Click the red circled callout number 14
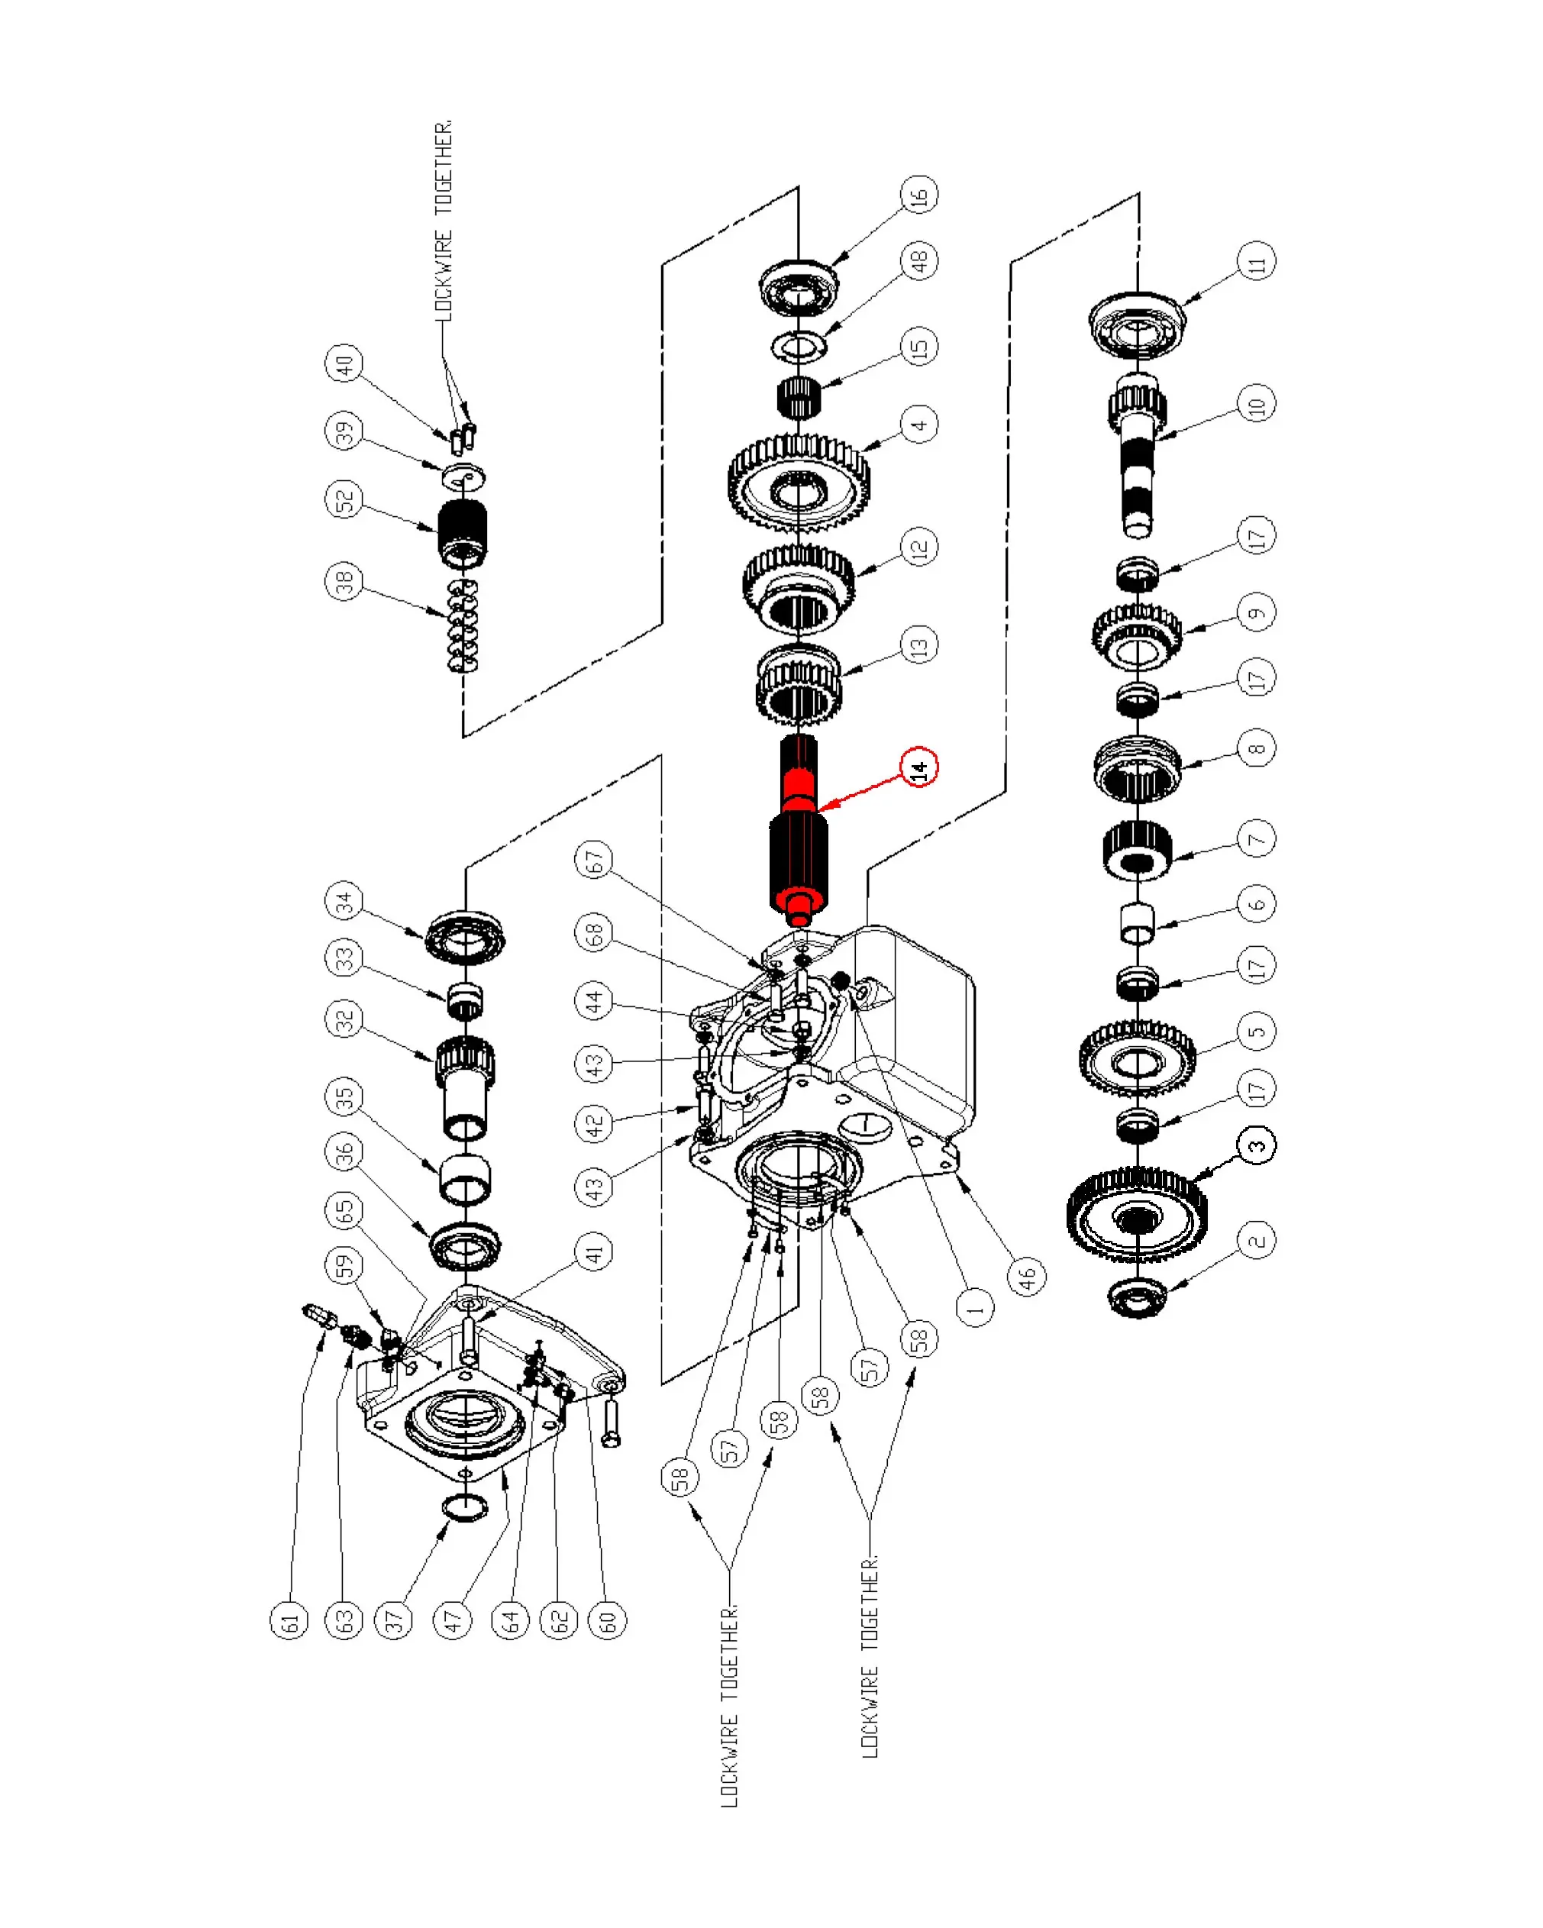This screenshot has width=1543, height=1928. (919, 767)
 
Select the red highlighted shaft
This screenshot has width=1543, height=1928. (799, 832)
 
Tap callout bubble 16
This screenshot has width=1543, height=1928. (919, 194)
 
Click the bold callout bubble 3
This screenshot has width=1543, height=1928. (1257, 1145)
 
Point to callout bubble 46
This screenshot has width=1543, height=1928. (1027, 1275)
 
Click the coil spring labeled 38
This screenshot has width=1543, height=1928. (462, 625)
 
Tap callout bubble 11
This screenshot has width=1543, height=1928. (1257, 261)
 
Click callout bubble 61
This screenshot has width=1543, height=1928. (289, 1620)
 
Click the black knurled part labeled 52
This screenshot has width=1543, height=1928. (462, 532)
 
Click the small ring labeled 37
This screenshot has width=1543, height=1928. (465, 1506)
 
